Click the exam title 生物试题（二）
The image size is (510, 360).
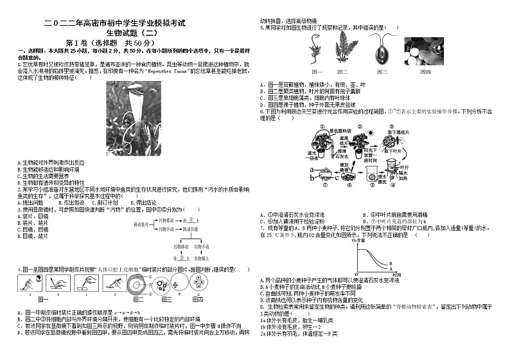coord(128,32)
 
